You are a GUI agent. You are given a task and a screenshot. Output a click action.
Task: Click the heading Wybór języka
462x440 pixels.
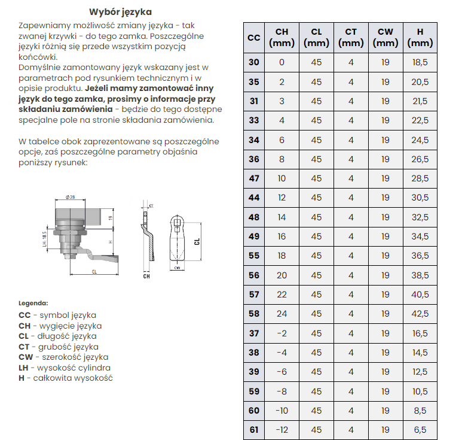(121, 12)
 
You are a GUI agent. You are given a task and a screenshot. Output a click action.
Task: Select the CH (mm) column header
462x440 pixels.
(282, 38)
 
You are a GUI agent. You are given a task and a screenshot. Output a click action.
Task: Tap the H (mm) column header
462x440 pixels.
(420, 38)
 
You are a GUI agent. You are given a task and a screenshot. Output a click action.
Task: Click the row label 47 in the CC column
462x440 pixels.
(254, 178)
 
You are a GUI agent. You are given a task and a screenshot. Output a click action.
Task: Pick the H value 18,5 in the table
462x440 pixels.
(420, 62)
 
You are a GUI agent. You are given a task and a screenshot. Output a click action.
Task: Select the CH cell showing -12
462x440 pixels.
(282, 430)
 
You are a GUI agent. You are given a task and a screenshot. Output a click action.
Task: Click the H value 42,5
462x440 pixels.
(420, 314)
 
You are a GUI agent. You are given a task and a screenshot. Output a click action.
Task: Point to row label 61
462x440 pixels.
(254, 430)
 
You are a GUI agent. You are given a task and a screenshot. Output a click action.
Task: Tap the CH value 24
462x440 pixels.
(282, 314)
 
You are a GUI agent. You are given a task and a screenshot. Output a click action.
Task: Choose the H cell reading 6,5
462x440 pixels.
(420, 430)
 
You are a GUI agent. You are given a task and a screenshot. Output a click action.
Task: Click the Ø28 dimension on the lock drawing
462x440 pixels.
(70, 197)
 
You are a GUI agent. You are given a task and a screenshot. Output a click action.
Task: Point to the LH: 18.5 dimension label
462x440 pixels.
(44, 239)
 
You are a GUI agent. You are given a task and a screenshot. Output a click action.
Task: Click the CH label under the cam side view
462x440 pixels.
(146, 276)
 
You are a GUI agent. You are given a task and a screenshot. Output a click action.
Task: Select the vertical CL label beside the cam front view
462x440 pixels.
(197, 241)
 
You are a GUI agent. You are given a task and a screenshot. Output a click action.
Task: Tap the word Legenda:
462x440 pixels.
(33, 303)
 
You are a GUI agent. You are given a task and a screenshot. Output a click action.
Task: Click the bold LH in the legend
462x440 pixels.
(23, 368)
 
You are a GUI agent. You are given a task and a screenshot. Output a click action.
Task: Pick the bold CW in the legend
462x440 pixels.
(26, 357)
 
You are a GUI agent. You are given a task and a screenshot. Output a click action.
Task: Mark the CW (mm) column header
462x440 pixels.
(385, 38)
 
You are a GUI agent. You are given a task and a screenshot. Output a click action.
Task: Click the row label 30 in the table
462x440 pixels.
(254, 62)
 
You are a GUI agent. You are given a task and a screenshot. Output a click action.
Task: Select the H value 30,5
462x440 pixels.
(420, 198)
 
